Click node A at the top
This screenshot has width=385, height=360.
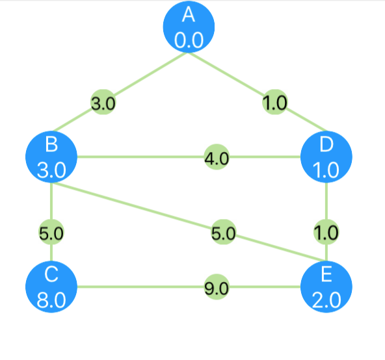(x=189, y=27)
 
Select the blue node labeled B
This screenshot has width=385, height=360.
(x=51, y=157)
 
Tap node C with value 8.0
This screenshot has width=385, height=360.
(x=51, y=287)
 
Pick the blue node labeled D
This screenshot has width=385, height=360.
(x=326, y=157)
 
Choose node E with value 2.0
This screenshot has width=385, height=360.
(x=326, y=287)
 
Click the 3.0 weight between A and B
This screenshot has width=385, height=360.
(x=103, y=102)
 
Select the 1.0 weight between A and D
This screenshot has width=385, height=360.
(x=274, y=102)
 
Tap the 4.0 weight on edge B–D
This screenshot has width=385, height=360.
(x=217, y=157)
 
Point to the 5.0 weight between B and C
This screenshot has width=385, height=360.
(x=51, y=232)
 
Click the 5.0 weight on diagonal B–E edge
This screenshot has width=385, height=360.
(x=224, y=232)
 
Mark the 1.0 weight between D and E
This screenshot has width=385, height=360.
(x=326, y=232)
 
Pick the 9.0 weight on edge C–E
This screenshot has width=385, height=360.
(x=217, y=287)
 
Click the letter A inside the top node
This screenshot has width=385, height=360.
(x=189, y=15)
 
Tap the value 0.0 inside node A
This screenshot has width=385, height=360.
(x=189, y=40)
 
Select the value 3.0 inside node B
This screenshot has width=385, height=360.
(x=51, y=170)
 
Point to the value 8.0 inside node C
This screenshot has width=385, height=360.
(x=51, y=300)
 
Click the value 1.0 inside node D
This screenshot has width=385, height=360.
(x=326, y=170)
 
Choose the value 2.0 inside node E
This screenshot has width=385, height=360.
(x=326, y=300)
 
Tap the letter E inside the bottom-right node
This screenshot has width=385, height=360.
(x=326, y=274)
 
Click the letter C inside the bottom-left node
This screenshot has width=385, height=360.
(x=51, y=274)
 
